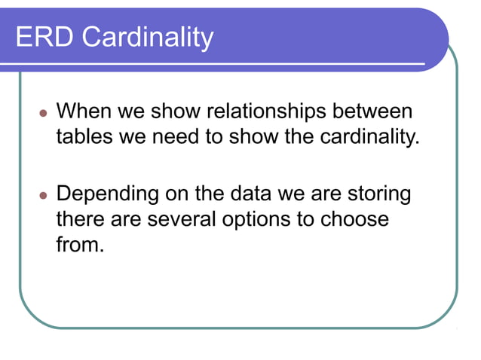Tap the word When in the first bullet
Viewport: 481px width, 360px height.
[81, 111]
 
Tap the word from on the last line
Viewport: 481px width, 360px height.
[78, 246]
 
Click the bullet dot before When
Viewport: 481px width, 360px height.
[43, 114]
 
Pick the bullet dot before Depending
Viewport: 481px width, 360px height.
[43, 196]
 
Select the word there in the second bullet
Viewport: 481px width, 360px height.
[79, 220]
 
